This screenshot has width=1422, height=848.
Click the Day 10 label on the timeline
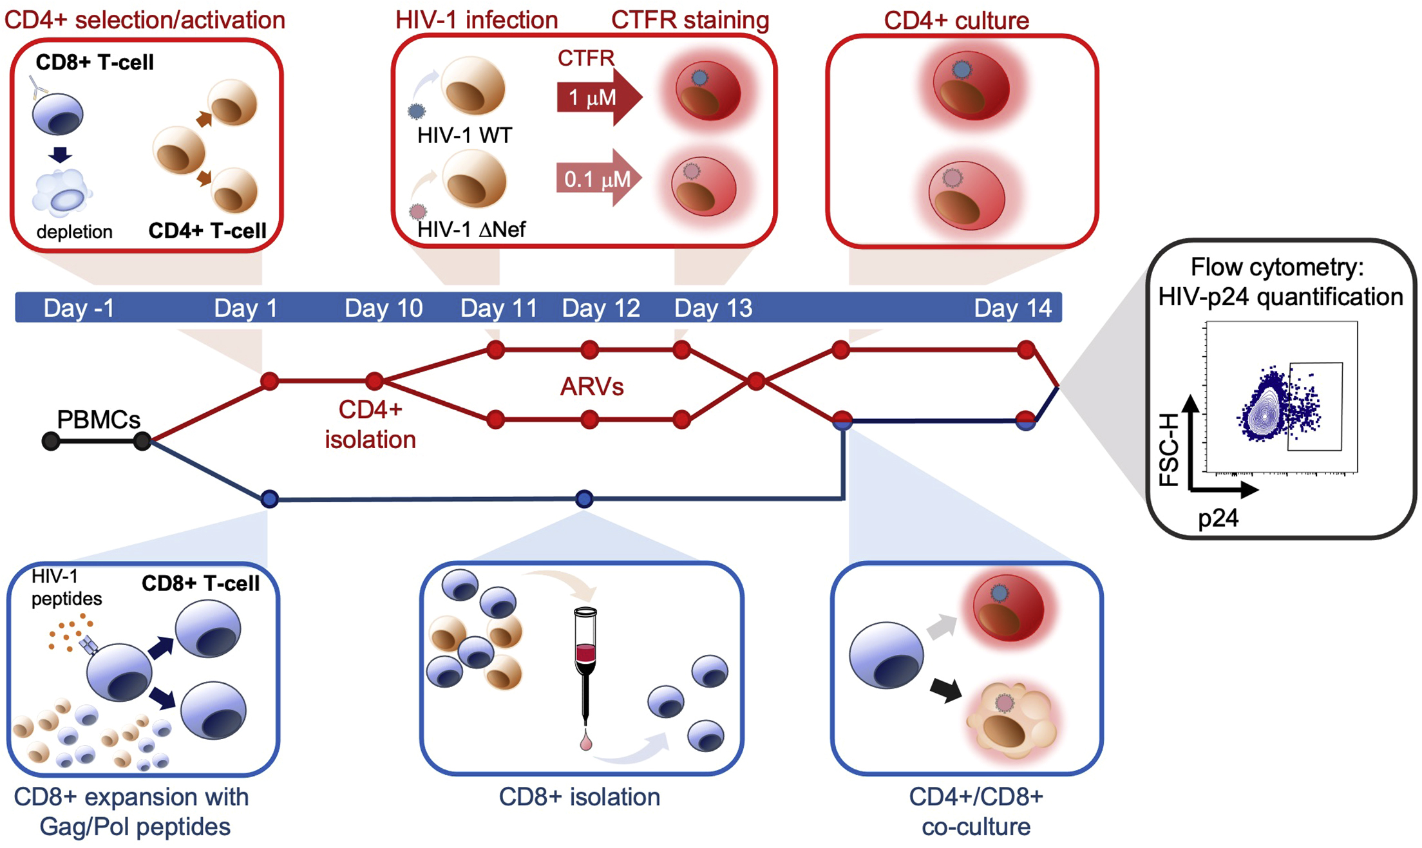(383, 308)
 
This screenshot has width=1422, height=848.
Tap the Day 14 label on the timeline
(1012, 308)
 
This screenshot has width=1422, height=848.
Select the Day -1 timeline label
(79, 308)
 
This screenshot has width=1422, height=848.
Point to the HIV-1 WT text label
(464, 135)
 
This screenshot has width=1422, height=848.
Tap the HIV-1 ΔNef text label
(471, 229)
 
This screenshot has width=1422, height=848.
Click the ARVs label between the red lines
(591, 386)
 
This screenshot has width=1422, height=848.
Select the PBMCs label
(98, 420)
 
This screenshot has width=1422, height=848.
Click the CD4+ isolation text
(370, 425)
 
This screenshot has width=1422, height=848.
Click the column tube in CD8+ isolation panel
(585, 663)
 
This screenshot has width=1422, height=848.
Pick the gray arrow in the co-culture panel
(942, 627)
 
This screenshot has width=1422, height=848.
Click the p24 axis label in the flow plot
(1218, 518)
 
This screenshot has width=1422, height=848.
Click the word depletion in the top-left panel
(74, 232)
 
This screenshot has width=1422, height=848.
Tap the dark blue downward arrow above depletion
(61, 155)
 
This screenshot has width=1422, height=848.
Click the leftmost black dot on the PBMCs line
(51, 441)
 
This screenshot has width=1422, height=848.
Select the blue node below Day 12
(583, 498)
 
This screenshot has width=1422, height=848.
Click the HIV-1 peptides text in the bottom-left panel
(66, 587)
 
